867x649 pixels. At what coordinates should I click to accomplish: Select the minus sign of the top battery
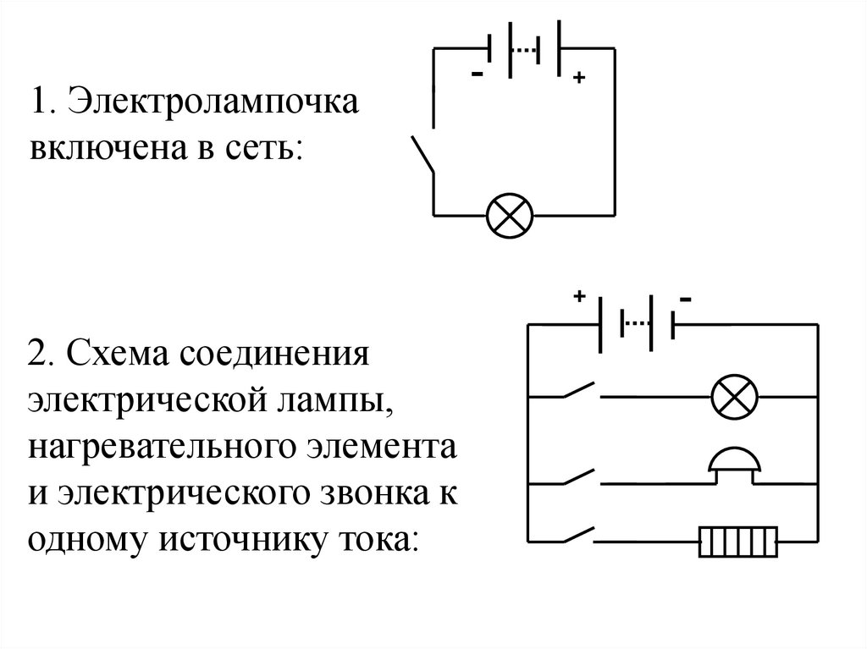tap(478, 75)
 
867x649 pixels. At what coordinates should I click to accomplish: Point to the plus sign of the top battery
tap(578, 79)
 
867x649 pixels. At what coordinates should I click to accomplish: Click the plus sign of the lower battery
tap(580, 297)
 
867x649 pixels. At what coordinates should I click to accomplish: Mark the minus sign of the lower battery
tap(684, 299)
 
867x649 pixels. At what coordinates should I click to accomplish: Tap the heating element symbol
tap(737, 541)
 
